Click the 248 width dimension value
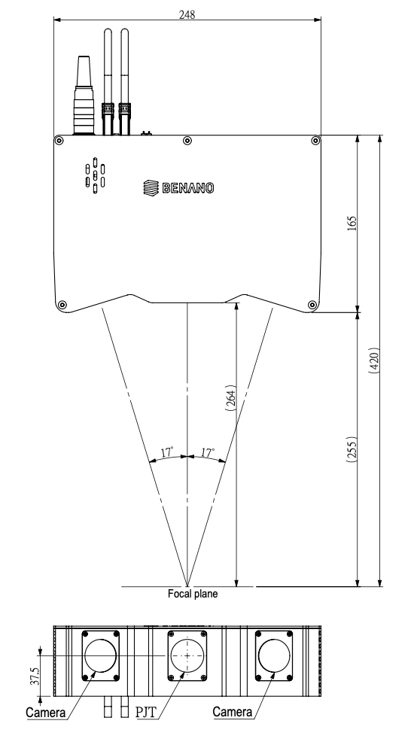[x=187, y=14]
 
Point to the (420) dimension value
[x=374, y=360]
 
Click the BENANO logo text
[x=188, y=188]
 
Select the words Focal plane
[x=193, y=594]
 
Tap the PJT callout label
[x=145, y=713]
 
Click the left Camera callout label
[x=46, y=713]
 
